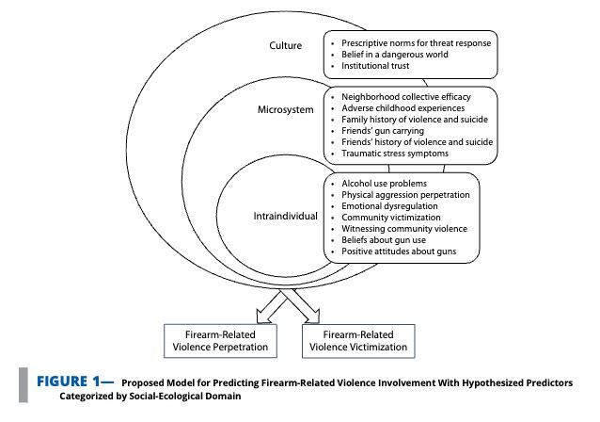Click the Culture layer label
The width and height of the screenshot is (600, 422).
click(285, 45)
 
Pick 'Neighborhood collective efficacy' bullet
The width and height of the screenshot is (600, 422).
click(405, 97)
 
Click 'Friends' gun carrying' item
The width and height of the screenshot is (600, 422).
click(382, 131)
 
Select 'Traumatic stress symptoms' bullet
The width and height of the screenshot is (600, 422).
click(395, 153)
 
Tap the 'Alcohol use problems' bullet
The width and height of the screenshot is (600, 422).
click(385, 183)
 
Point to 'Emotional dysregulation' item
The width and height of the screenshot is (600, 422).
click(390, 205)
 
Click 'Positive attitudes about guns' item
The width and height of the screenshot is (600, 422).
click(400, 251)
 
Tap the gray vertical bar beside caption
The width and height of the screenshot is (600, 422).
click(23, 388)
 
